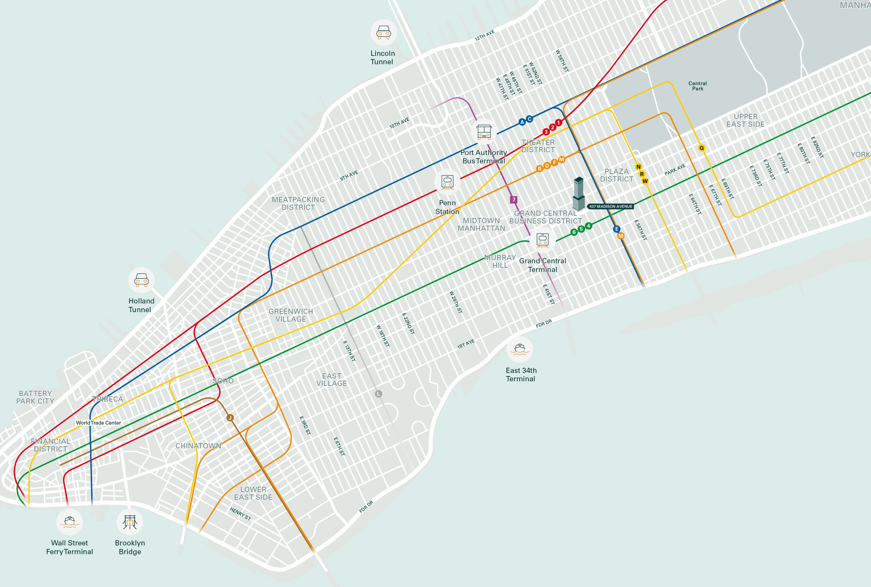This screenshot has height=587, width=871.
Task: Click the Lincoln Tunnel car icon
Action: [x=383, y=32]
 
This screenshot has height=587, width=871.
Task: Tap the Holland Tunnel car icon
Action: [x=142, y=280]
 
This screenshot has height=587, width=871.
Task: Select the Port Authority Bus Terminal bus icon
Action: [x=484, y=132]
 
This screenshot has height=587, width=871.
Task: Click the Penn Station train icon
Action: [x=447, y=182]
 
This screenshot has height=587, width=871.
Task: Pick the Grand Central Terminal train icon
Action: [x=542, y=240]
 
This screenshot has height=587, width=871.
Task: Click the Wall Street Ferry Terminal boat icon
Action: [x=70, y=521]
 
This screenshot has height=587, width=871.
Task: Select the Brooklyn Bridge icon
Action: [x=130, y=521]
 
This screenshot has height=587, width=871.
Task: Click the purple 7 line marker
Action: [x=513, y=200]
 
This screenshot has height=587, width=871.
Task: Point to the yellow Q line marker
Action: [x=702, y=148]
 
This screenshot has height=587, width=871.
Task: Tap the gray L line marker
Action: [x=379, y=394]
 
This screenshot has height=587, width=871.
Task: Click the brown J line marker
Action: [x=230, y=418]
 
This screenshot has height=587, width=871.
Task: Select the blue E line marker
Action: [x=617, y=229]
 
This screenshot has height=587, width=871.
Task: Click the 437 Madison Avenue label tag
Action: [x=610, y=206]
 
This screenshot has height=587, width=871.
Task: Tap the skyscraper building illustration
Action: [x=578, y=193]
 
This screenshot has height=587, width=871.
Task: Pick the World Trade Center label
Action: [x=98, y=423]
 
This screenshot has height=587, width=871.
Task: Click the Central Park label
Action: [x=697, y=86]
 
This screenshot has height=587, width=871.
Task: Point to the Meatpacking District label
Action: [x=298, y=204]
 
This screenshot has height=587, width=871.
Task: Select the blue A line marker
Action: [x=522, y=122]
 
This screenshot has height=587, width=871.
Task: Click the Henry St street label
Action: [x=240, y=513]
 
